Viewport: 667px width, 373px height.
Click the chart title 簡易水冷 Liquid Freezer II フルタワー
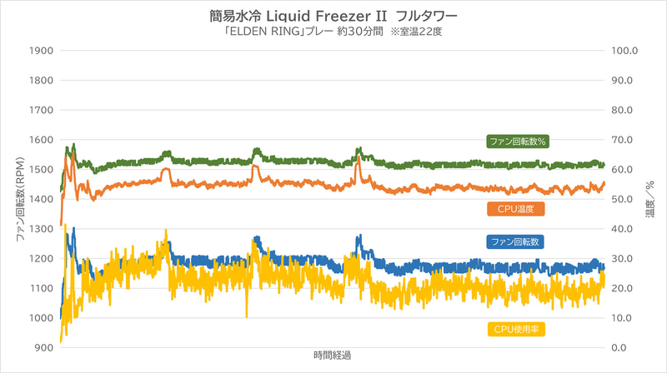tap(333, 16)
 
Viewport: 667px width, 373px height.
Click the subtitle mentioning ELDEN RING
tap(333, 34)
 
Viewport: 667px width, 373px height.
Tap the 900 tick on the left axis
tap(43, 348)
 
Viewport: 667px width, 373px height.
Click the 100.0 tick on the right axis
tap(624, 50)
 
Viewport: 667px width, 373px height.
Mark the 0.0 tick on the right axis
tap(620, 348)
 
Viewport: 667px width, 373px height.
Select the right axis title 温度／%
tap(649, 199)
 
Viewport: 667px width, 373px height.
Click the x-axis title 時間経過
tap(333, 356)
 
